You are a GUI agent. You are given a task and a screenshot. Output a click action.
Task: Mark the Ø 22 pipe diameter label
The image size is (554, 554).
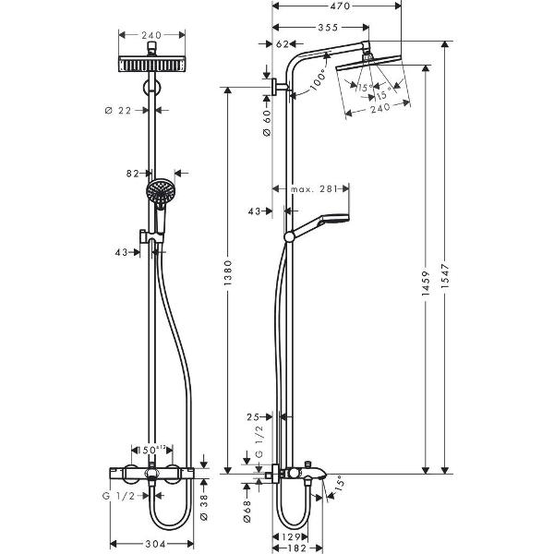click(x=122, y=110)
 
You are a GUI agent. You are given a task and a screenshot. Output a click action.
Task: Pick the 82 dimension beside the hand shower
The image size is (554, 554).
click(x=135, y=173)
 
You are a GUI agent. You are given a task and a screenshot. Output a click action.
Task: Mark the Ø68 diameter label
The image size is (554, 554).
click(x=248, y=513)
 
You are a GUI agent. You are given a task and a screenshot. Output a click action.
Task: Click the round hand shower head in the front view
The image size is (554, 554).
click(x=159, y=191)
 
